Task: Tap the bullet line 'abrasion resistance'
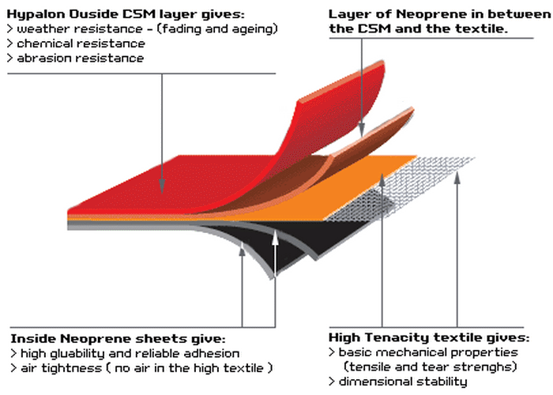point(71,58)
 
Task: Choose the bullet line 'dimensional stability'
point(403,382)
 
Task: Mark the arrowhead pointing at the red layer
point(161,188)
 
